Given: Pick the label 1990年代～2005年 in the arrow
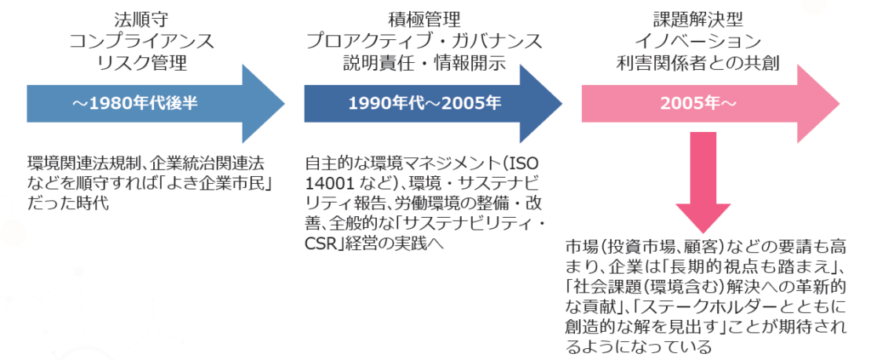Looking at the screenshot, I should point(412,103).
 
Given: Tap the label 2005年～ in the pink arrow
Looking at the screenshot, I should point(689,103).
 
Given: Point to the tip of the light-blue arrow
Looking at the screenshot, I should point(283,103).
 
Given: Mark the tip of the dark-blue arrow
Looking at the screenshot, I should point(561,103).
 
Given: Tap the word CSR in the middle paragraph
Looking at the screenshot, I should point(320,245).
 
